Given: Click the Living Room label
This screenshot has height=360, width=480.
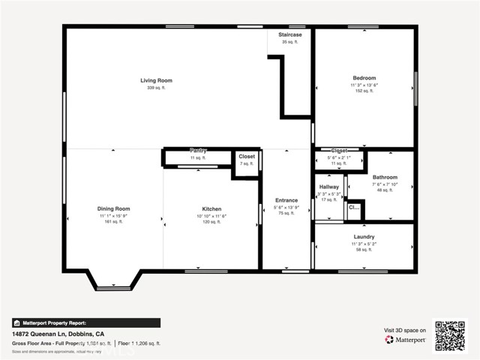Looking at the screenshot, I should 156,80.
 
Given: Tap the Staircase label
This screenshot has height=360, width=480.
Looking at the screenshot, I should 290,34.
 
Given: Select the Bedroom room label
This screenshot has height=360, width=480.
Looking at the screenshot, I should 364,78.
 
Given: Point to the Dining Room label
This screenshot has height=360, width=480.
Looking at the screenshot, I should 113,208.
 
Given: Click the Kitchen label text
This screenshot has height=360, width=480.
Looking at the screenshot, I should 211,209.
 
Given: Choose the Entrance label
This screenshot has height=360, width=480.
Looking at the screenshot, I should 286,200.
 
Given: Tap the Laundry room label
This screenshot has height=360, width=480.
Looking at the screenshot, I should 364,237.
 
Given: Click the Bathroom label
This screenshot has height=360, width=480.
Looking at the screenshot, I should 385,177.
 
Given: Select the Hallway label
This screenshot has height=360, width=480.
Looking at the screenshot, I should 329,187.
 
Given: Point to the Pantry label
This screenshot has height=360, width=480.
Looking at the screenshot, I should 198,151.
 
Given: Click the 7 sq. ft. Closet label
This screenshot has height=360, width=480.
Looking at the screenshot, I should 247,157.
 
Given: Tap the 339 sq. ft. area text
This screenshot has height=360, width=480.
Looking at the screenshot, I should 156,88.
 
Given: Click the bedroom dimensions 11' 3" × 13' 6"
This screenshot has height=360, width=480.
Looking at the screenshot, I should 364,85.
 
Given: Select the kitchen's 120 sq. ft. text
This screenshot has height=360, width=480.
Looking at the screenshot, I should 211,223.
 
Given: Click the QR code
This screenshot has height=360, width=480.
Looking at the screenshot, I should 450,335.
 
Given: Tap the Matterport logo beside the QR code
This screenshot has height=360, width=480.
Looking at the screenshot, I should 406,340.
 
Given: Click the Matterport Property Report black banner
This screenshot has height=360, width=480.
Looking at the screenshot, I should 85,322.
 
